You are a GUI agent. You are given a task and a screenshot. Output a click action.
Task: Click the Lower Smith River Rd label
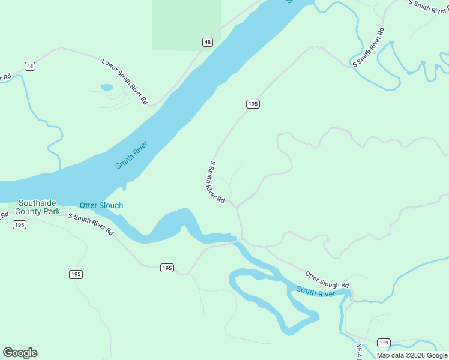(125, 82)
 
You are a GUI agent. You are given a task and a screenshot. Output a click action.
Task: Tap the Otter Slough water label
(101, 205)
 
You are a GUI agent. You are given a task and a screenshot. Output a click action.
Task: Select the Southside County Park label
(38, 207)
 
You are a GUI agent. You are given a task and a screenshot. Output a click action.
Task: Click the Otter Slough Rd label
(327, 280)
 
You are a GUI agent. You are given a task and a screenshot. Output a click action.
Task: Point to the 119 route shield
(384, 343)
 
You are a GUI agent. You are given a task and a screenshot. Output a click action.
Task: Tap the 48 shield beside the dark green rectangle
(207, 42)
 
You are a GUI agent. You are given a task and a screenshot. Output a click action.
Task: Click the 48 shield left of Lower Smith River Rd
(29, 65)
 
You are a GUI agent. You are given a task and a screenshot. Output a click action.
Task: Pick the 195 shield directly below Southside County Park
(20, 224)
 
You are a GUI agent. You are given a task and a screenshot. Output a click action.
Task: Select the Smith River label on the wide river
(131, 154)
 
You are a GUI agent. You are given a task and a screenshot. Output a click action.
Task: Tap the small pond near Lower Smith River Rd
(107, 88)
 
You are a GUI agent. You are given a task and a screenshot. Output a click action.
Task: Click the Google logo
(20, 353)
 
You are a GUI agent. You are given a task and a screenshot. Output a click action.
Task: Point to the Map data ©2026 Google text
(412, 355)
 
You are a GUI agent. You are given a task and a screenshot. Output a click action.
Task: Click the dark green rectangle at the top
(186, 24)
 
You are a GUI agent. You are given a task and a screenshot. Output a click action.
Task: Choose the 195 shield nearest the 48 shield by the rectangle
(253, 104)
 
